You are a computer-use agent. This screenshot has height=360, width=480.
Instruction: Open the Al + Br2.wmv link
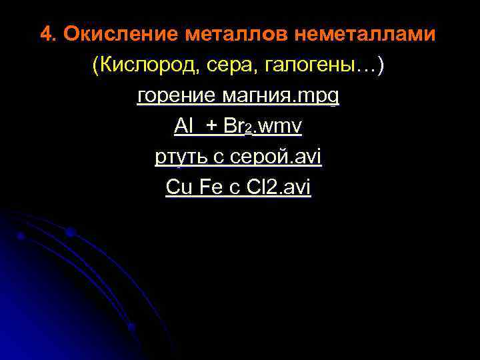click(238, 126)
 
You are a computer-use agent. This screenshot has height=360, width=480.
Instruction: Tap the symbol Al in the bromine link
click(183, 126)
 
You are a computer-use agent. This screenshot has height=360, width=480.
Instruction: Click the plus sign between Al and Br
click(211, 126)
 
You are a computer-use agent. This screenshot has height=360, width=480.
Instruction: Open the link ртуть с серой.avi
click(238, 157)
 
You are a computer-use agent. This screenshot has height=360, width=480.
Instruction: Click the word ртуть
click(176, 157)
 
